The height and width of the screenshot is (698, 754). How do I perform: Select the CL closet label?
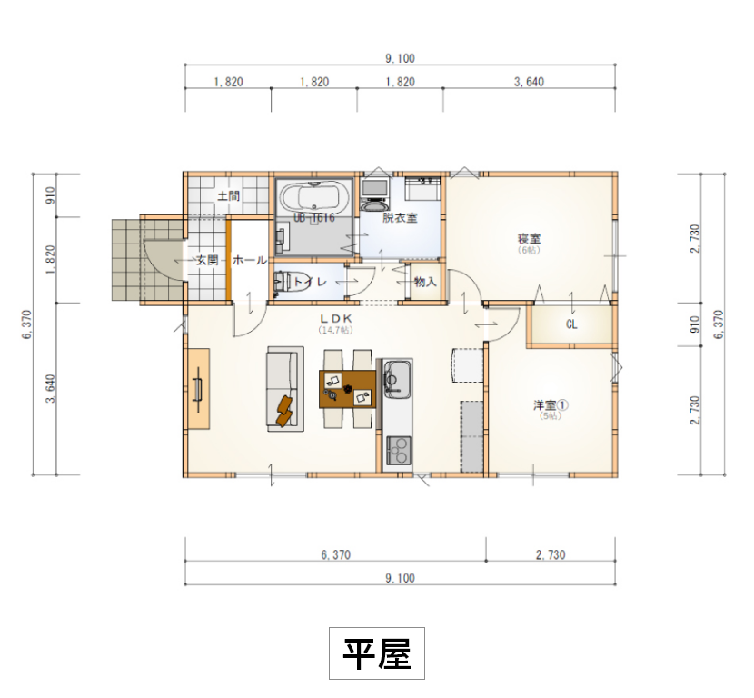[571, 324]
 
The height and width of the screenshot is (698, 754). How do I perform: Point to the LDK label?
[336, 319]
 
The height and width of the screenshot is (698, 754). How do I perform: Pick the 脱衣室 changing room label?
[399, 218]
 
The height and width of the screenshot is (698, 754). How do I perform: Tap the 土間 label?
[228, 194]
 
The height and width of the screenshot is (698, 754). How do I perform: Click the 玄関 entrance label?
[207, 260]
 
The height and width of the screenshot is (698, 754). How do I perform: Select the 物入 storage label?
[425, 283]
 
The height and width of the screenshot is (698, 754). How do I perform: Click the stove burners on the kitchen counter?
[398, 450]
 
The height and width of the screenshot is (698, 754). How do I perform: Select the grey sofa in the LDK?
[283, 389]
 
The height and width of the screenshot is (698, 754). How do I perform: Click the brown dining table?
[347, 389]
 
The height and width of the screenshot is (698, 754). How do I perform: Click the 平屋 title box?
[376, 653]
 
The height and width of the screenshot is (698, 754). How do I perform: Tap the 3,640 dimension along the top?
[529, 82]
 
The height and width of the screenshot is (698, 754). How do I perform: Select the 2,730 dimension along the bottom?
[551, 554]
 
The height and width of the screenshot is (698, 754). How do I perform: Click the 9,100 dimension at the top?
[400, 58]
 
